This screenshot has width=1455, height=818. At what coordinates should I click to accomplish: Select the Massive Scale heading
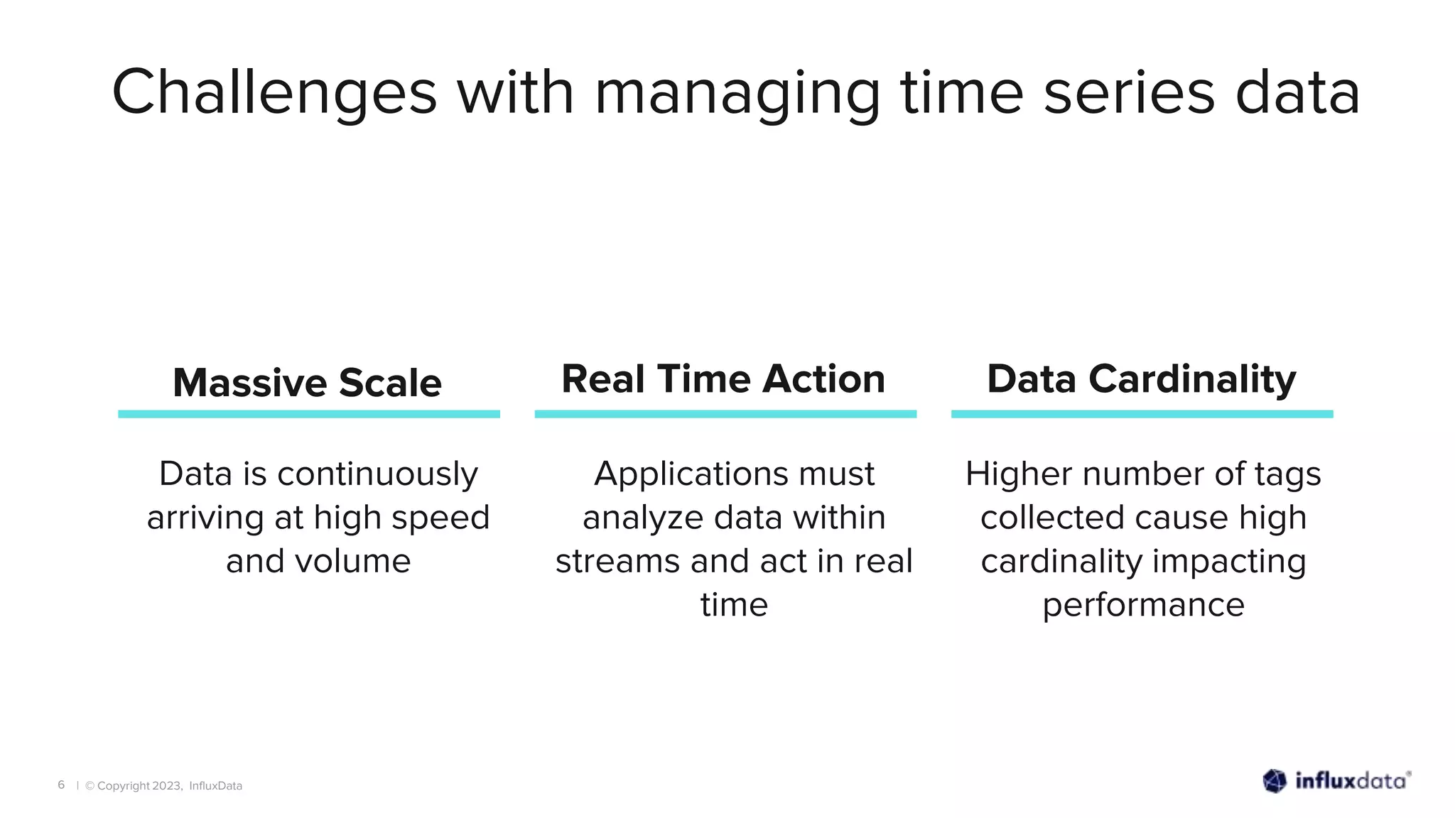[x=307, y=383]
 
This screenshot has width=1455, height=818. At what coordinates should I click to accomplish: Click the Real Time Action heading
[x=723, y=378]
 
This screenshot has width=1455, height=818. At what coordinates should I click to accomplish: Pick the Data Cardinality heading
[x=1141, y=378]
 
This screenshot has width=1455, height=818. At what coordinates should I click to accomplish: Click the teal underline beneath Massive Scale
[x=309, y=414]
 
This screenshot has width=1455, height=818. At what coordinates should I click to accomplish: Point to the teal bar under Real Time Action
[x=725, y=414]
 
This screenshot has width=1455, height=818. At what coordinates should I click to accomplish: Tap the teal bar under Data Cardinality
[x=1142, y=414]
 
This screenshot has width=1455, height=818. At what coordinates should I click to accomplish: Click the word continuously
[x=377, y=474]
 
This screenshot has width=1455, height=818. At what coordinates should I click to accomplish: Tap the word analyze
[x=644, y=518]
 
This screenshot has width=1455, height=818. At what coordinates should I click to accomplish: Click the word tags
[x=1287, y=474]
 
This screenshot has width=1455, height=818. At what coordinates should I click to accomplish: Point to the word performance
[x=1143, y=605]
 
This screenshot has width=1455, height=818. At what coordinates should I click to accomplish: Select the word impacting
[x=1229, y=561]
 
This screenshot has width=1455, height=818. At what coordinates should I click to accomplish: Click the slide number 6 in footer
[x=61, y=785]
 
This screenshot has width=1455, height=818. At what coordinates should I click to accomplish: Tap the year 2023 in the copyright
[x=167, y=786]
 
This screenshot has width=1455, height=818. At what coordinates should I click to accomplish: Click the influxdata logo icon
[x=1275, y=781]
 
